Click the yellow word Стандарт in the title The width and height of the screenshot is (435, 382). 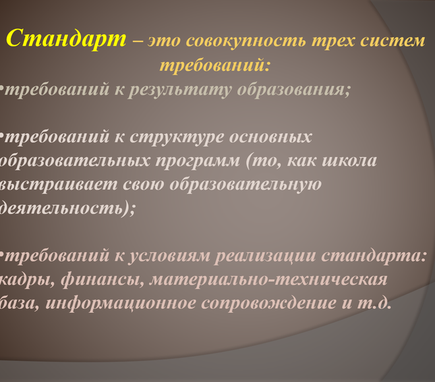67,39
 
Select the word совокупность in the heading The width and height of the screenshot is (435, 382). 246,41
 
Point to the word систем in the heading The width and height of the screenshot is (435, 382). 393,40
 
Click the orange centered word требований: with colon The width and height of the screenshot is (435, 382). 215,65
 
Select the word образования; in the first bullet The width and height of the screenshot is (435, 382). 294,90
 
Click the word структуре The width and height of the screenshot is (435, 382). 177,137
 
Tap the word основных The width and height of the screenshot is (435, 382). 270,137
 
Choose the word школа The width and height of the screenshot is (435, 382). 349,161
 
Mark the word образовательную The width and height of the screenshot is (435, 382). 245,184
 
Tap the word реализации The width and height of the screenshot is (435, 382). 266,256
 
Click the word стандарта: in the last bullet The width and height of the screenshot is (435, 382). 374,256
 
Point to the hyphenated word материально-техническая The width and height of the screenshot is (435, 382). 268,279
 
